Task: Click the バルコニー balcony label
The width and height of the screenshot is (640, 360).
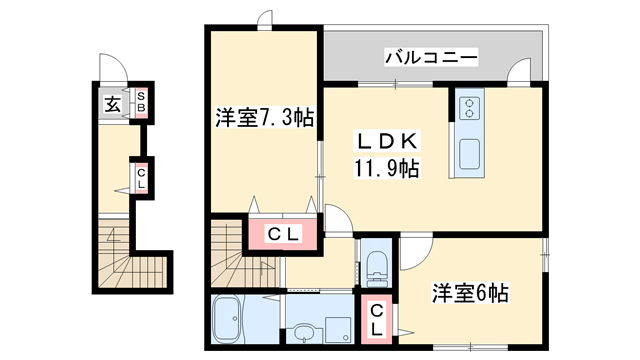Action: click(432, 57)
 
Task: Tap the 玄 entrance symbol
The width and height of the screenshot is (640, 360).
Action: click(113, 103)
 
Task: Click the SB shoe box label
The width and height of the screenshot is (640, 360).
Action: click(141, 101)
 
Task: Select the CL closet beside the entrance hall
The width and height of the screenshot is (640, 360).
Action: click(141, 179)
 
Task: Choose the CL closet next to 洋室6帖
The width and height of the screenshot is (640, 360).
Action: click(377, 319)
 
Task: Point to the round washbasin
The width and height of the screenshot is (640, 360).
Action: click(304, 329)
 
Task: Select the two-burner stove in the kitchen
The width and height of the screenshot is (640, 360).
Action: click(469, 107)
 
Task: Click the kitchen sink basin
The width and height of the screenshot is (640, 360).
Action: click(468, 154)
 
